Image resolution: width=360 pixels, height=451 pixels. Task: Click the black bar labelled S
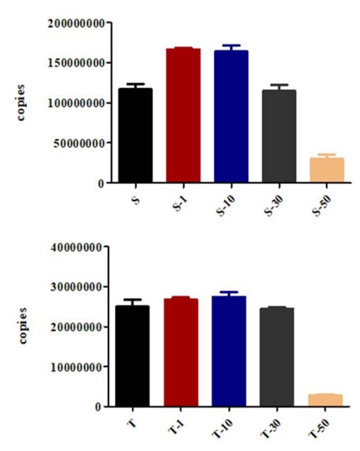(135, 135)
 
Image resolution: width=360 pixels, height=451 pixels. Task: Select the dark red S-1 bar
(183, 115)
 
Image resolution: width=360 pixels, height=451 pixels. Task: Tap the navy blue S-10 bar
(232, 116)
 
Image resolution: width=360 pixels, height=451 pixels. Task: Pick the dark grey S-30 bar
(279, 136)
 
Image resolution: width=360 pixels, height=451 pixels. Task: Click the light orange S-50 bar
(327, 170)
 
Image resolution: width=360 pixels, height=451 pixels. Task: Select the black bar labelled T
(133, 356)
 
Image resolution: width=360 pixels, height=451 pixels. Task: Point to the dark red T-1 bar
(181, 353)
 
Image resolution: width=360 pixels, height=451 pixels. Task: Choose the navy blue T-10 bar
(229, 351)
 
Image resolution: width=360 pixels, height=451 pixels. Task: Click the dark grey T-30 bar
(277, 357)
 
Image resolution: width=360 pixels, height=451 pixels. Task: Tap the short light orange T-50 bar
(326, 400)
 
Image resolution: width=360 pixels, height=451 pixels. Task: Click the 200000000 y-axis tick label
(76, 23)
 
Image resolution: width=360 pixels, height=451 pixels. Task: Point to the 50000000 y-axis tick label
(79, 143)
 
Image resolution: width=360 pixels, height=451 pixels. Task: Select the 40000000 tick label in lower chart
(76, 247)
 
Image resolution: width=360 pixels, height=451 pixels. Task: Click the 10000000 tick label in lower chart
(76, 367)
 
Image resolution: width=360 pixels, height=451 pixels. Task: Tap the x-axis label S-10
(226, 206)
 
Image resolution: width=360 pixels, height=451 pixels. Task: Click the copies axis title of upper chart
(20, 102)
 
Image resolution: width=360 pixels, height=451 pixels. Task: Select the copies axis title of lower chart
(23, 326)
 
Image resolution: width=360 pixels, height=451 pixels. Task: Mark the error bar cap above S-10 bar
(232, 45)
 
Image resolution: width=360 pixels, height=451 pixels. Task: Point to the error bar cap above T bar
(133, 300)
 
